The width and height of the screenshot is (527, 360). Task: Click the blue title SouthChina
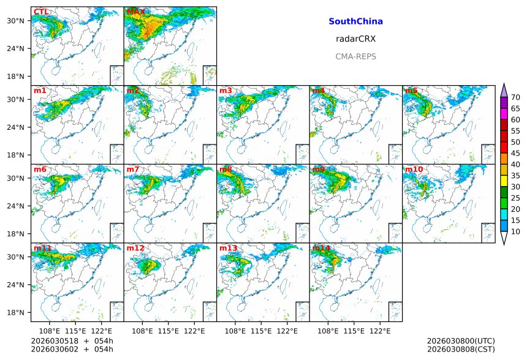click(x=355, y=21)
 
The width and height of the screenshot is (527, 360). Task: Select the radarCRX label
click(x=355, y=39)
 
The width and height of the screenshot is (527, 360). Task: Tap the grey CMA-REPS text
click(x=355, y=56)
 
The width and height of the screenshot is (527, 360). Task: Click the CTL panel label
click(x=41, y=12)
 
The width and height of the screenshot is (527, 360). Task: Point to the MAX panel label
click(x=135, y=12)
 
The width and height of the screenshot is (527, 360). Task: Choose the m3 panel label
click(x=226, y=91)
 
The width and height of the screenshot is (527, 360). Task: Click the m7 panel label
click(x=132, y=170)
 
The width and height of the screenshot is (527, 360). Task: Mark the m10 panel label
click(x=414, y=170)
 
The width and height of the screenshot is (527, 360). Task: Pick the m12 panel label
click(x=135, y=248)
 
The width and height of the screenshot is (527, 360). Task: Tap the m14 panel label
click(x=320, y=248)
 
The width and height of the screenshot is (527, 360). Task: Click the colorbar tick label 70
click(x=516, y=97)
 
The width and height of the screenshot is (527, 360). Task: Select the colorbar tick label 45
click(x=516, y=153)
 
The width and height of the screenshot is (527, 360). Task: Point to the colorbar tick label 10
click(x=516, y=231)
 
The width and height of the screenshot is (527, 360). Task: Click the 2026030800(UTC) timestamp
click(x=460, y=341)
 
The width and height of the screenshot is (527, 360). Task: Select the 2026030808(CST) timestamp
click(x=460, y=349)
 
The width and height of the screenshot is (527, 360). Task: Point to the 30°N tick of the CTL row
click(x=15, y=21)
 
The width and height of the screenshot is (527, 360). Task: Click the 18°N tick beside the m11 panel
click(x=15, y=312)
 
